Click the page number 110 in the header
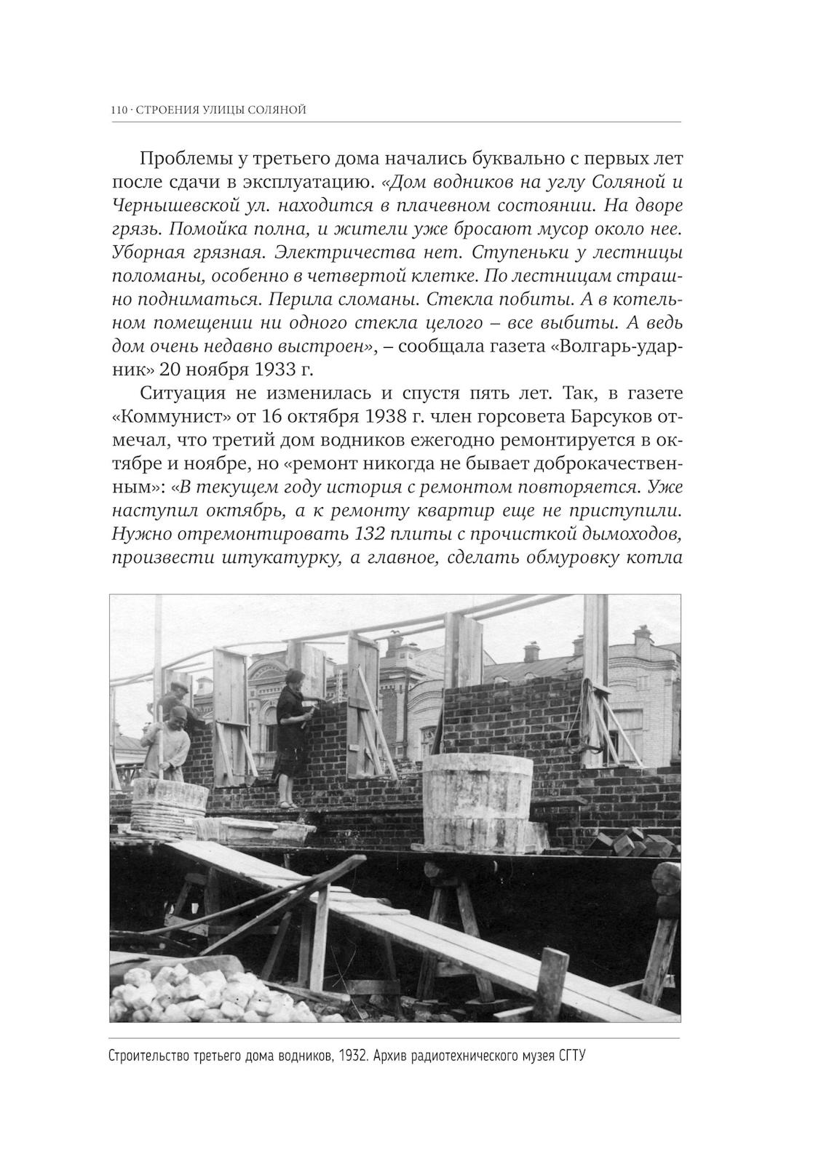point(119,111)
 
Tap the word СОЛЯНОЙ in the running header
point(276,111)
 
